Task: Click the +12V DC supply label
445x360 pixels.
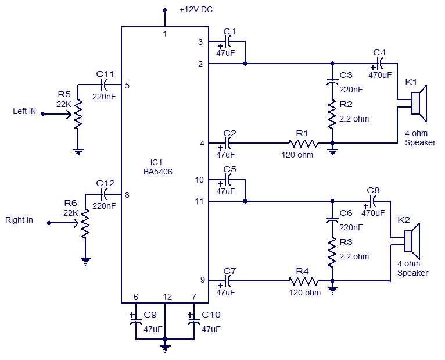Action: point(196,10)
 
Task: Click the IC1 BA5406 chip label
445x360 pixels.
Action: point(158,167)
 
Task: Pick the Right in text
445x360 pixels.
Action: point(19,220)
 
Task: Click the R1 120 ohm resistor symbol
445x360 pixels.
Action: point(304,143)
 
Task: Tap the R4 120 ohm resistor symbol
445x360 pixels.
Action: point(304,281)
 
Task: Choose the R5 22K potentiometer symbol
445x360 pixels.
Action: point(78,115)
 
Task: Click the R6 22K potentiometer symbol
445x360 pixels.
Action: point(86,224)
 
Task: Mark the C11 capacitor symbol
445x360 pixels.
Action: point(106,85)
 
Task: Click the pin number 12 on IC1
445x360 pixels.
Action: point(167,297)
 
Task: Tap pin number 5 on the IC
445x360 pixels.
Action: point(127,86)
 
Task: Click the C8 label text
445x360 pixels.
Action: point(374,190)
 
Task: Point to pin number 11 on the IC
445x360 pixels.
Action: point(199,201)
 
